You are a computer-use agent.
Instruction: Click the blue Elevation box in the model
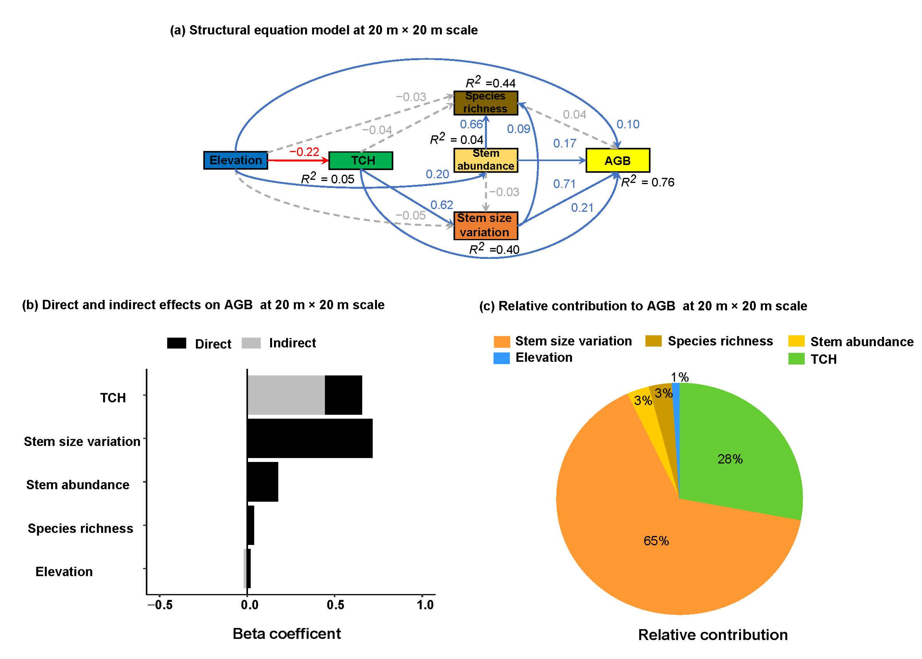tap(235, 160)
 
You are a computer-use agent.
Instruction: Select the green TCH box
tap(360, 160)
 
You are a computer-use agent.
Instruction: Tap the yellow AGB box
tap(617, 160)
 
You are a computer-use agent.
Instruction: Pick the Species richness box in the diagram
tap(485, 103)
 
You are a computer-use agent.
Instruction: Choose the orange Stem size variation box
tap(485, 225)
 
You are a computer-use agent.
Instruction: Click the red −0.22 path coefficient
tap(304, 152)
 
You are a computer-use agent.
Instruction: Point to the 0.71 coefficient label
tap(564, 184)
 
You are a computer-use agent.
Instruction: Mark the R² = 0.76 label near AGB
tap(648, 182)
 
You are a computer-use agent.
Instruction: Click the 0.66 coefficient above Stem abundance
tap(471, 124)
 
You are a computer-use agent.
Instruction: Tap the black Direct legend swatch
tap(177, 343)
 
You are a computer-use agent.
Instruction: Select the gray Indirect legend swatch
tap(251, 343)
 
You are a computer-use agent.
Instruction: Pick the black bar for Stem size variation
tap(309, 438)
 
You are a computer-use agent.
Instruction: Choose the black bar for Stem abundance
tap(262, 482)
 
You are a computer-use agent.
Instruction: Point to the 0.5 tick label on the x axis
tap(335, 605)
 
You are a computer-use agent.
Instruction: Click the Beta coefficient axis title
tap(286, 634)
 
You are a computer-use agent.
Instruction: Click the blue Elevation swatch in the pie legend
tap(501, 358)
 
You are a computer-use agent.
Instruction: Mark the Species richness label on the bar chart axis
tap(80, 528)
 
